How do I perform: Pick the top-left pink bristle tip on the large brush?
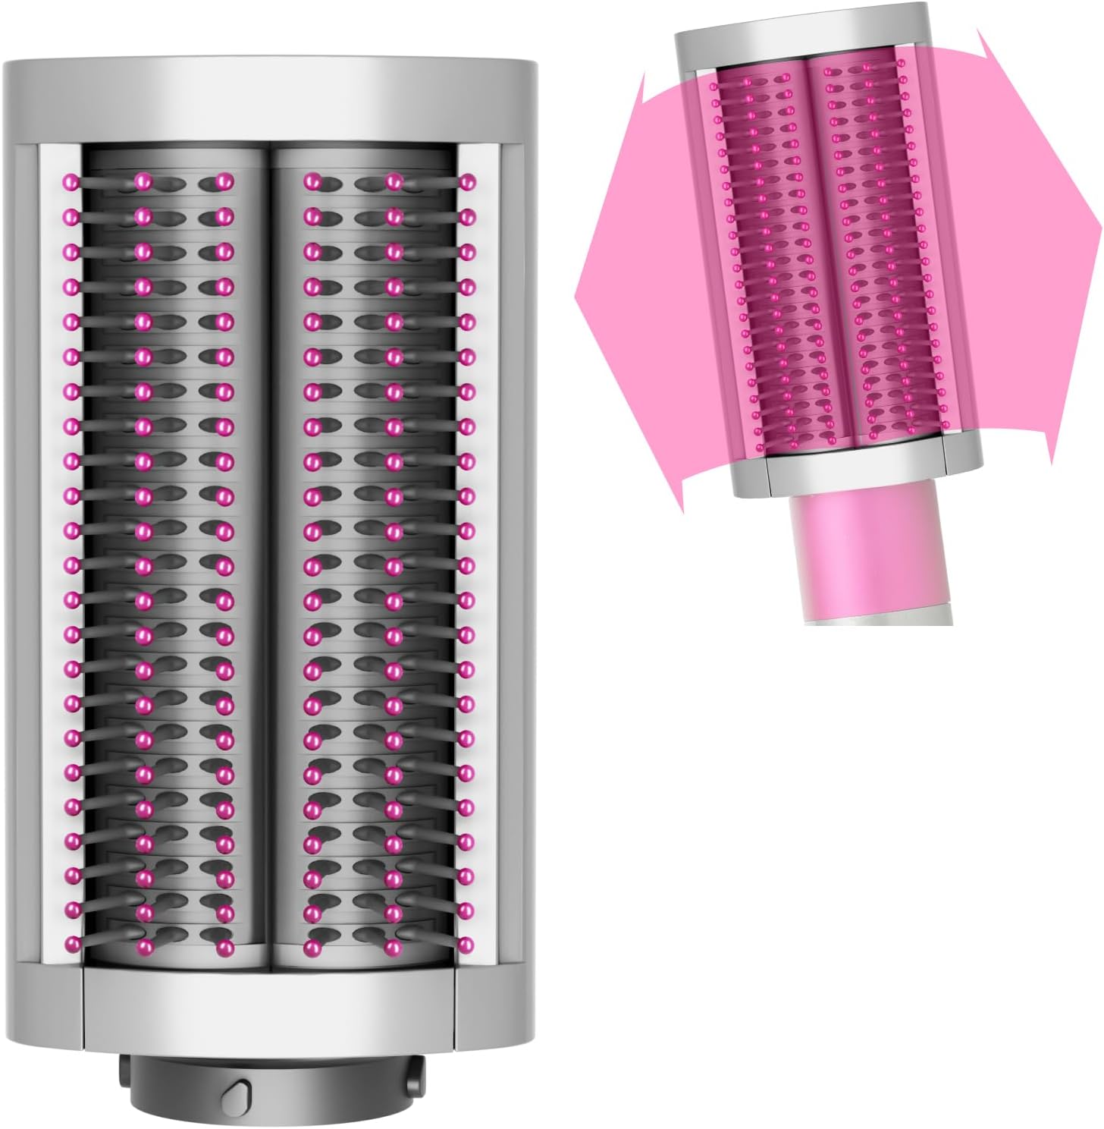pos(72,181)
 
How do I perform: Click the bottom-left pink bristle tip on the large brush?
pos(72,945)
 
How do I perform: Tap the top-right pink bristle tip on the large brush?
pos(468,181)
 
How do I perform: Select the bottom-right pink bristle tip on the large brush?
pos(468,945)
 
